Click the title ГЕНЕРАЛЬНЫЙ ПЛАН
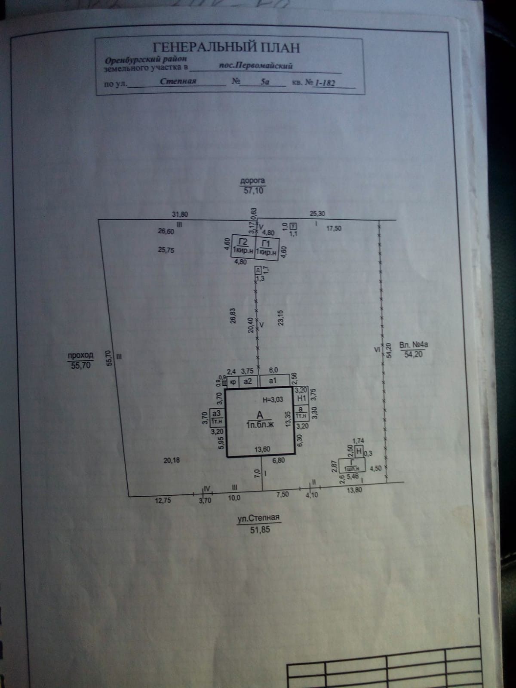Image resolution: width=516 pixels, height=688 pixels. [226, 46]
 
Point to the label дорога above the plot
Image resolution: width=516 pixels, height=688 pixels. [252, 181]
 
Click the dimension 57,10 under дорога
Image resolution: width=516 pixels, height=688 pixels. [253, 190]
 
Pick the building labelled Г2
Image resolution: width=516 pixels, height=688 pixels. [243, 245]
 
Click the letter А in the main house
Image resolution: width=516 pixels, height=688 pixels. [260, 415]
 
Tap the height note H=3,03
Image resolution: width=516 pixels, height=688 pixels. [273, 400]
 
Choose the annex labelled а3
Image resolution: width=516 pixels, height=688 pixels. [216, 417]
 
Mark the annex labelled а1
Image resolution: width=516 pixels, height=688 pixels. [273, 381]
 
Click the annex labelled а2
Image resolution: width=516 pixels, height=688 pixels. [248, 381]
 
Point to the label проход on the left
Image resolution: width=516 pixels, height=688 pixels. [80, 356]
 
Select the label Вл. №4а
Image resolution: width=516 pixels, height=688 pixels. [414, 345]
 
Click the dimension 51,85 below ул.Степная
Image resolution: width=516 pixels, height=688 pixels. [260, 530]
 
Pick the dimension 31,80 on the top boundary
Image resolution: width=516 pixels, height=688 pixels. [180, 214]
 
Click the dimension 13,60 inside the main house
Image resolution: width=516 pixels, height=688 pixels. [263, 449]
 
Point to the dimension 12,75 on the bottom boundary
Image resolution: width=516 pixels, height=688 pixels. [163, 500]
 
